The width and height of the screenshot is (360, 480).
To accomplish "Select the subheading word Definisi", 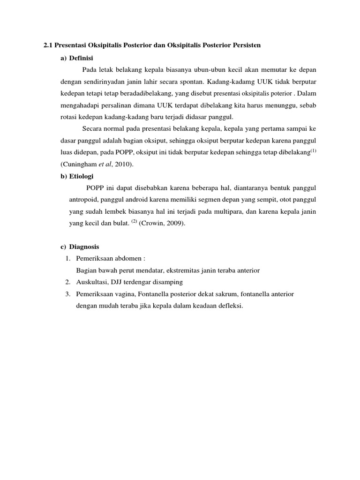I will pyautogui.click(x=82, y=58).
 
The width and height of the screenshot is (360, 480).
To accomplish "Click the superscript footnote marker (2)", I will pyautogui.click(x=134, y=222).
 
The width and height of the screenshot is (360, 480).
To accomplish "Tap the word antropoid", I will pyautogui.click(x=83, y=200).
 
